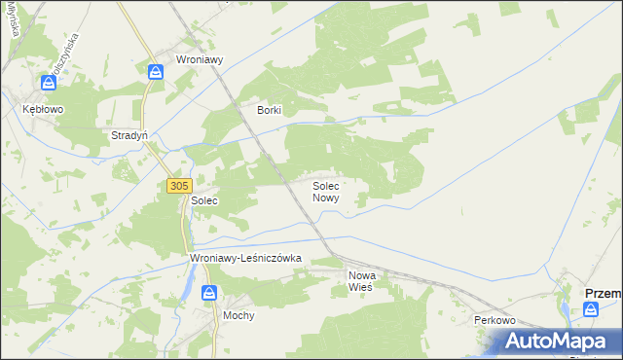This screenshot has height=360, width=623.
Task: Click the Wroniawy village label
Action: point(200,59)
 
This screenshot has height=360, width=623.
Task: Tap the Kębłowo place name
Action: point(43,110)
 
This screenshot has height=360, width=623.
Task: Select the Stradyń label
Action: point(129,135)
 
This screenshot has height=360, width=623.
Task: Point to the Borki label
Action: point(269,110)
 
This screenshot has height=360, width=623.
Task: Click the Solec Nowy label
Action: point(325,191)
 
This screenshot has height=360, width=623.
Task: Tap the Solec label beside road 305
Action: point(203,200)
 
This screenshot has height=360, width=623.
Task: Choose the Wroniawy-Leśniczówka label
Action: point(246,259)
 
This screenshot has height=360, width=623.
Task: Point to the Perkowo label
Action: point(494,320)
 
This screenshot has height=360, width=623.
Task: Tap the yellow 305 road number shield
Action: point(178,185)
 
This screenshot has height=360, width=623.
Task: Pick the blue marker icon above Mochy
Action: point(208,293)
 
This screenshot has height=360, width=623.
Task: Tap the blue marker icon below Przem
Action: point(591,308)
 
